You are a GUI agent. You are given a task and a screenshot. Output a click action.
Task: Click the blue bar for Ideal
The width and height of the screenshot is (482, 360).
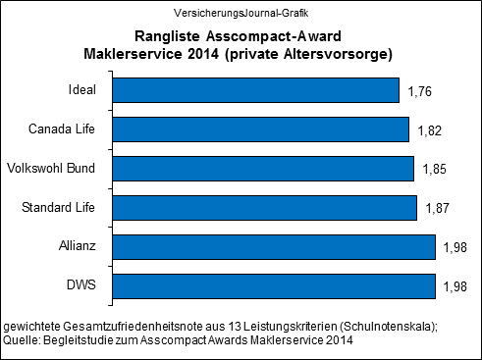pyautogui.click(x=255, y=91)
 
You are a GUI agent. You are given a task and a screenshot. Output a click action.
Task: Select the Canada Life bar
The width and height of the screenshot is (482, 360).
pyautogui.click(x=259, y=129)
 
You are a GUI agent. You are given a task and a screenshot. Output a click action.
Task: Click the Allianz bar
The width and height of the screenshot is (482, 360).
pyautogui.click(x=273, y=246)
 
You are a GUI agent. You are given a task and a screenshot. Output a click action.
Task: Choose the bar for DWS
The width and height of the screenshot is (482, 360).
pyautogui.click(x=273, y=284)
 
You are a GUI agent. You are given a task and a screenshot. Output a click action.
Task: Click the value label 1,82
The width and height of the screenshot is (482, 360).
pyautogui.click(x=425, y=130)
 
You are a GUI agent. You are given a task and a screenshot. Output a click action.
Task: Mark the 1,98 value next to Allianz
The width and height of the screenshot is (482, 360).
pyautogui.click(x=453, y=247)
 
